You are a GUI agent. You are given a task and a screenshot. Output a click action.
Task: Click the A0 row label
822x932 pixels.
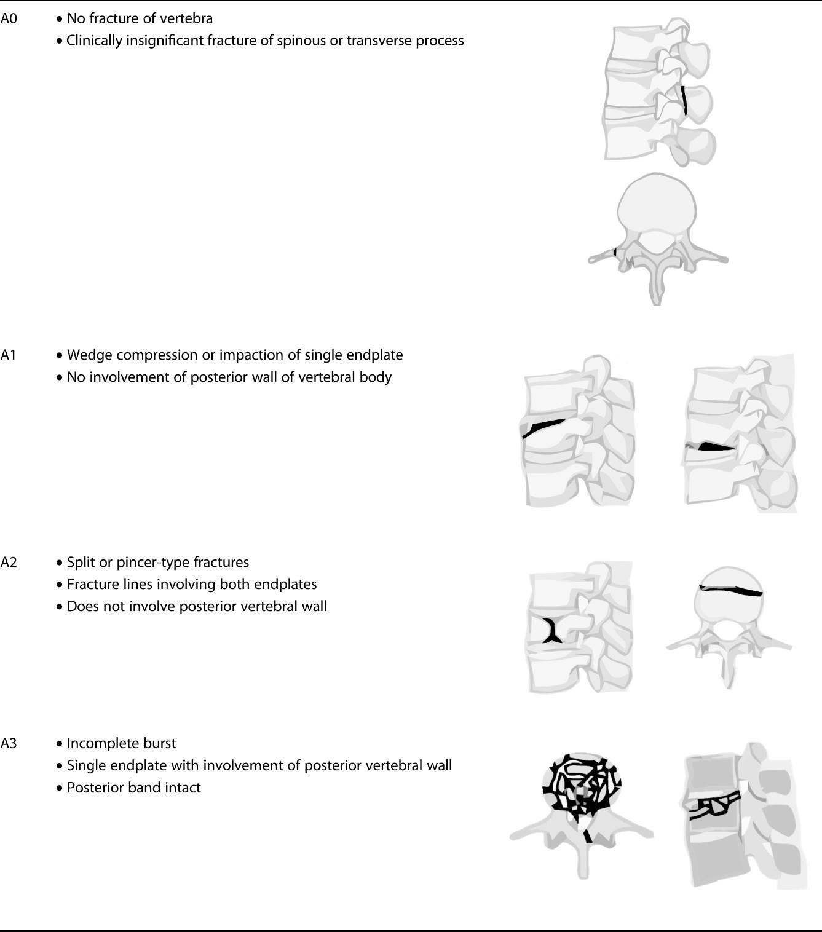click(x=9, y=18)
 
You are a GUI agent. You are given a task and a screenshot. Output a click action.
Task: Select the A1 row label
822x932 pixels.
click(x=9, y=355)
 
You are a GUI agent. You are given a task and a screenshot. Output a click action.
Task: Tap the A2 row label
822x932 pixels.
click(x=9, y=563)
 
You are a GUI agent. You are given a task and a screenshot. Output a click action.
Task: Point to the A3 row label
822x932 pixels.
click(x=9, y=744)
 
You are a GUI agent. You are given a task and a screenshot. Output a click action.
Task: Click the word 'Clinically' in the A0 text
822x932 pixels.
click(x=94, y=41)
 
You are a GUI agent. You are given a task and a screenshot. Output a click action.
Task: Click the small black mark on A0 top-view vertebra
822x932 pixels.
click(x=615, y=251)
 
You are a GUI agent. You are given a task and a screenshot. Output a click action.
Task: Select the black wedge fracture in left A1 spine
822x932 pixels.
click(x=543, y=427)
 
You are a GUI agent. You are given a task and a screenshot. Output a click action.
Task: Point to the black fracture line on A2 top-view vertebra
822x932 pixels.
click(x=732, y=590)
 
